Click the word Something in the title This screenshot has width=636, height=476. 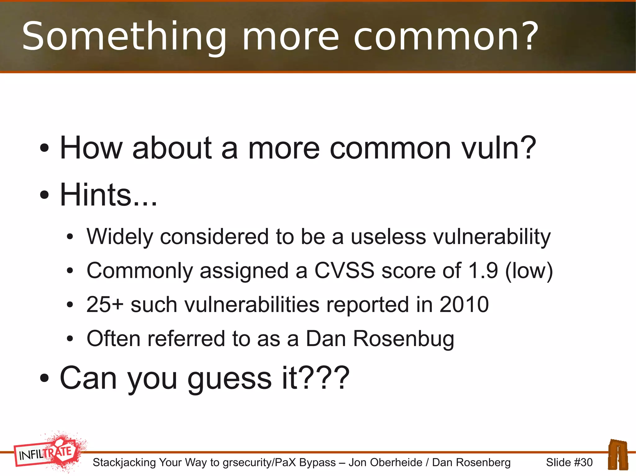[124, 37]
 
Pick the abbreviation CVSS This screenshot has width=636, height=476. [344, 271]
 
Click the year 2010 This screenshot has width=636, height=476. [464, 305]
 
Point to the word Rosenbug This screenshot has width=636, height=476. [403, 339]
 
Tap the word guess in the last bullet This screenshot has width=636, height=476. [229, 378]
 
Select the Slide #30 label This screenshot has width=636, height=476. [569, 462]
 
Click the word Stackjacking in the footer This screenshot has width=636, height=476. [124, 462]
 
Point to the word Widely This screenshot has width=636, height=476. [120, 237]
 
